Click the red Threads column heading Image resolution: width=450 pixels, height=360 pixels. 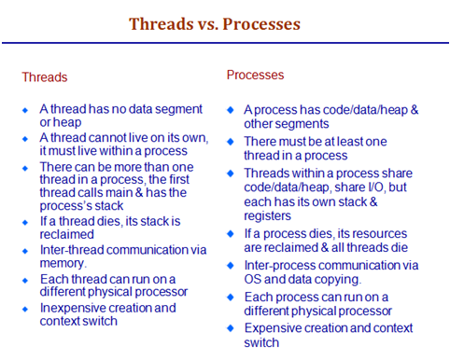tap(45, 77)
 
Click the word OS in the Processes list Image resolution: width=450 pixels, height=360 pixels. tap(255, 279)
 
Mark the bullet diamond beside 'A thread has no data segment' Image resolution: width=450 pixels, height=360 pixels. tap(25, 110)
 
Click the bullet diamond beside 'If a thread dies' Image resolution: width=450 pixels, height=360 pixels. tap(25, 222)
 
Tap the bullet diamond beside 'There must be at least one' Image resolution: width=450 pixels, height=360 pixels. tap(233, 141)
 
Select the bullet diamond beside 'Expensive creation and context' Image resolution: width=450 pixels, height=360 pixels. tap(233, 328)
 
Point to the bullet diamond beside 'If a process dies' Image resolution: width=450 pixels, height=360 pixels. tap(233, 234)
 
